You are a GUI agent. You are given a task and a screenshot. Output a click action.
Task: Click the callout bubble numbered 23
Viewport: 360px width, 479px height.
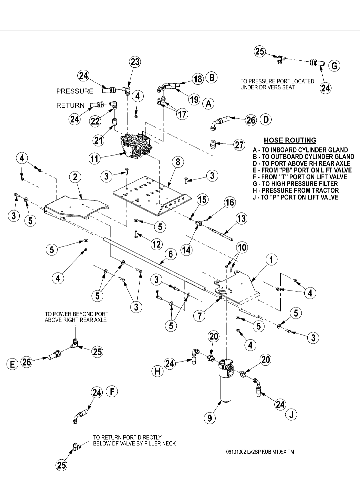coord(135,62)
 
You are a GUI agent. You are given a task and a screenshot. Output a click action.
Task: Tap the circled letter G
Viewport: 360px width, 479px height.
coord(334,66)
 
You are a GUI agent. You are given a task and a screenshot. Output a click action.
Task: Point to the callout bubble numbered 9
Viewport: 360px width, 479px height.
coord(210,418)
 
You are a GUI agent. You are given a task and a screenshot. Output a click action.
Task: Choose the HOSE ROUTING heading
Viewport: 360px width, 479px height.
coord(290,140)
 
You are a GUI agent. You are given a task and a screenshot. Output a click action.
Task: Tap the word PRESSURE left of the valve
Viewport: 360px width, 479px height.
coord(75,91)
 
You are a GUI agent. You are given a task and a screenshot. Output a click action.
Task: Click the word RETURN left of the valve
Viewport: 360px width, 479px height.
coord(70,105)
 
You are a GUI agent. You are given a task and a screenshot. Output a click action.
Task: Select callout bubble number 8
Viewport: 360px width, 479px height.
coord(178,162)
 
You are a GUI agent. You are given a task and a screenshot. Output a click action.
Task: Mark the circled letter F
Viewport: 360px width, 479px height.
coord(113,392)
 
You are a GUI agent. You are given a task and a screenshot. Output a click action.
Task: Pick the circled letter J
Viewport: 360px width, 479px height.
coord(291,415)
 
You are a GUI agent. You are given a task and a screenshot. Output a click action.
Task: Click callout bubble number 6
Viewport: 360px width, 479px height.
coord(170,255)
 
